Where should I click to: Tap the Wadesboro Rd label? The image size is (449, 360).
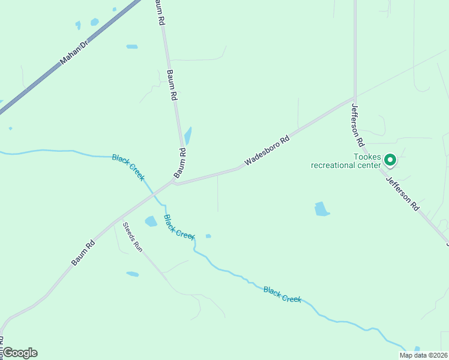(267, 151)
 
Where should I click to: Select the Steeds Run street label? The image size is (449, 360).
(133, 237)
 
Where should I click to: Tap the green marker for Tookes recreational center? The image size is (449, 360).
(390, 160)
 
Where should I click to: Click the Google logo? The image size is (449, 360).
(20, 353)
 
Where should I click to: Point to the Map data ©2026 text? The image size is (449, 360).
(423, 355)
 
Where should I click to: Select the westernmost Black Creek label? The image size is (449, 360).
(128, 166)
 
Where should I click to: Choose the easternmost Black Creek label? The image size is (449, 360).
(282, 294)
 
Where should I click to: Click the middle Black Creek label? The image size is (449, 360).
(179, 226)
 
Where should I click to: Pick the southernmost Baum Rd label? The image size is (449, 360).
(83, 253)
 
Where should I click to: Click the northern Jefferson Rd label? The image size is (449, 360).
(358, 125)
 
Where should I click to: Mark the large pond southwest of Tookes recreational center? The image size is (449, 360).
(322, 209)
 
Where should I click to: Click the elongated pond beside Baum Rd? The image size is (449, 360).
(188, 136)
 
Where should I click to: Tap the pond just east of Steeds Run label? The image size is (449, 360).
(151, 221)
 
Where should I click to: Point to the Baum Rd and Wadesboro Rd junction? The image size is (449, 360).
(173, 182)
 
